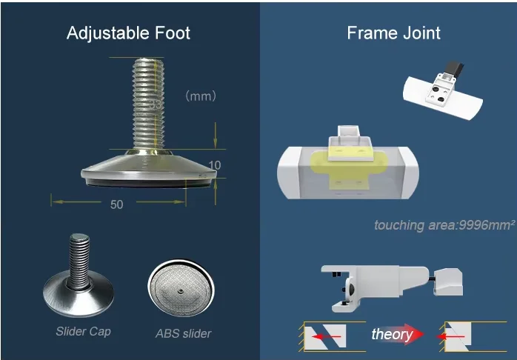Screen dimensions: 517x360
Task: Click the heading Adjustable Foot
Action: pyautogui.click(x=128, y=33)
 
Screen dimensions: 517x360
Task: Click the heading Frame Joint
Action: pyautogui.click(x=393, y=33)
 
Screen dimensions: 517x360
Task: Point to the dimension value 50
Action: pyautogui.click(x=116, y=204)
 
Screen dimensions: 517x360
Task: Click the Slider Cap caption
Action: pyautogui.click(x=82, y=331)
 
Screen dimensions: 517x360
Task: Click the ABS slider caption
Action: pyautogui.click(x=182, y=333)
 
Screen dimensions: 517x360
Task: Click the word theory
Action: pyautogui.click(x=392, y=335)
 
